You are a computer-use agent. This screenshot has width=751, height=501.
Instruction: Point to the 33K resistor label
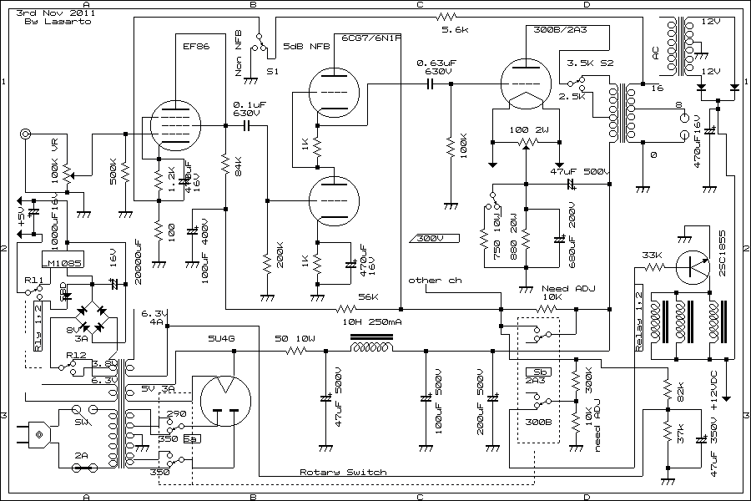coord(652,255)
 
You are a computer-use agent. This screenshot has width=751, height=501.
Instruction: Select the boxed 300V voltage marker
coord(431,238)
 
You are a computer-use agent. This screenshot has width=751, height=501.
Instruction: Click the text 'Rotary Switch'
coord(343,473)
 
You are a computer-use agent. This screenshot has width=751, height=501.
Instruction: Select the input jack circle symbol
coord(27,134)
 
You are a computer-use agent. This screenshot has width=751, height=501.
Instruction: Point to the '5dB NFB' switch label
coord(305,46)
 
